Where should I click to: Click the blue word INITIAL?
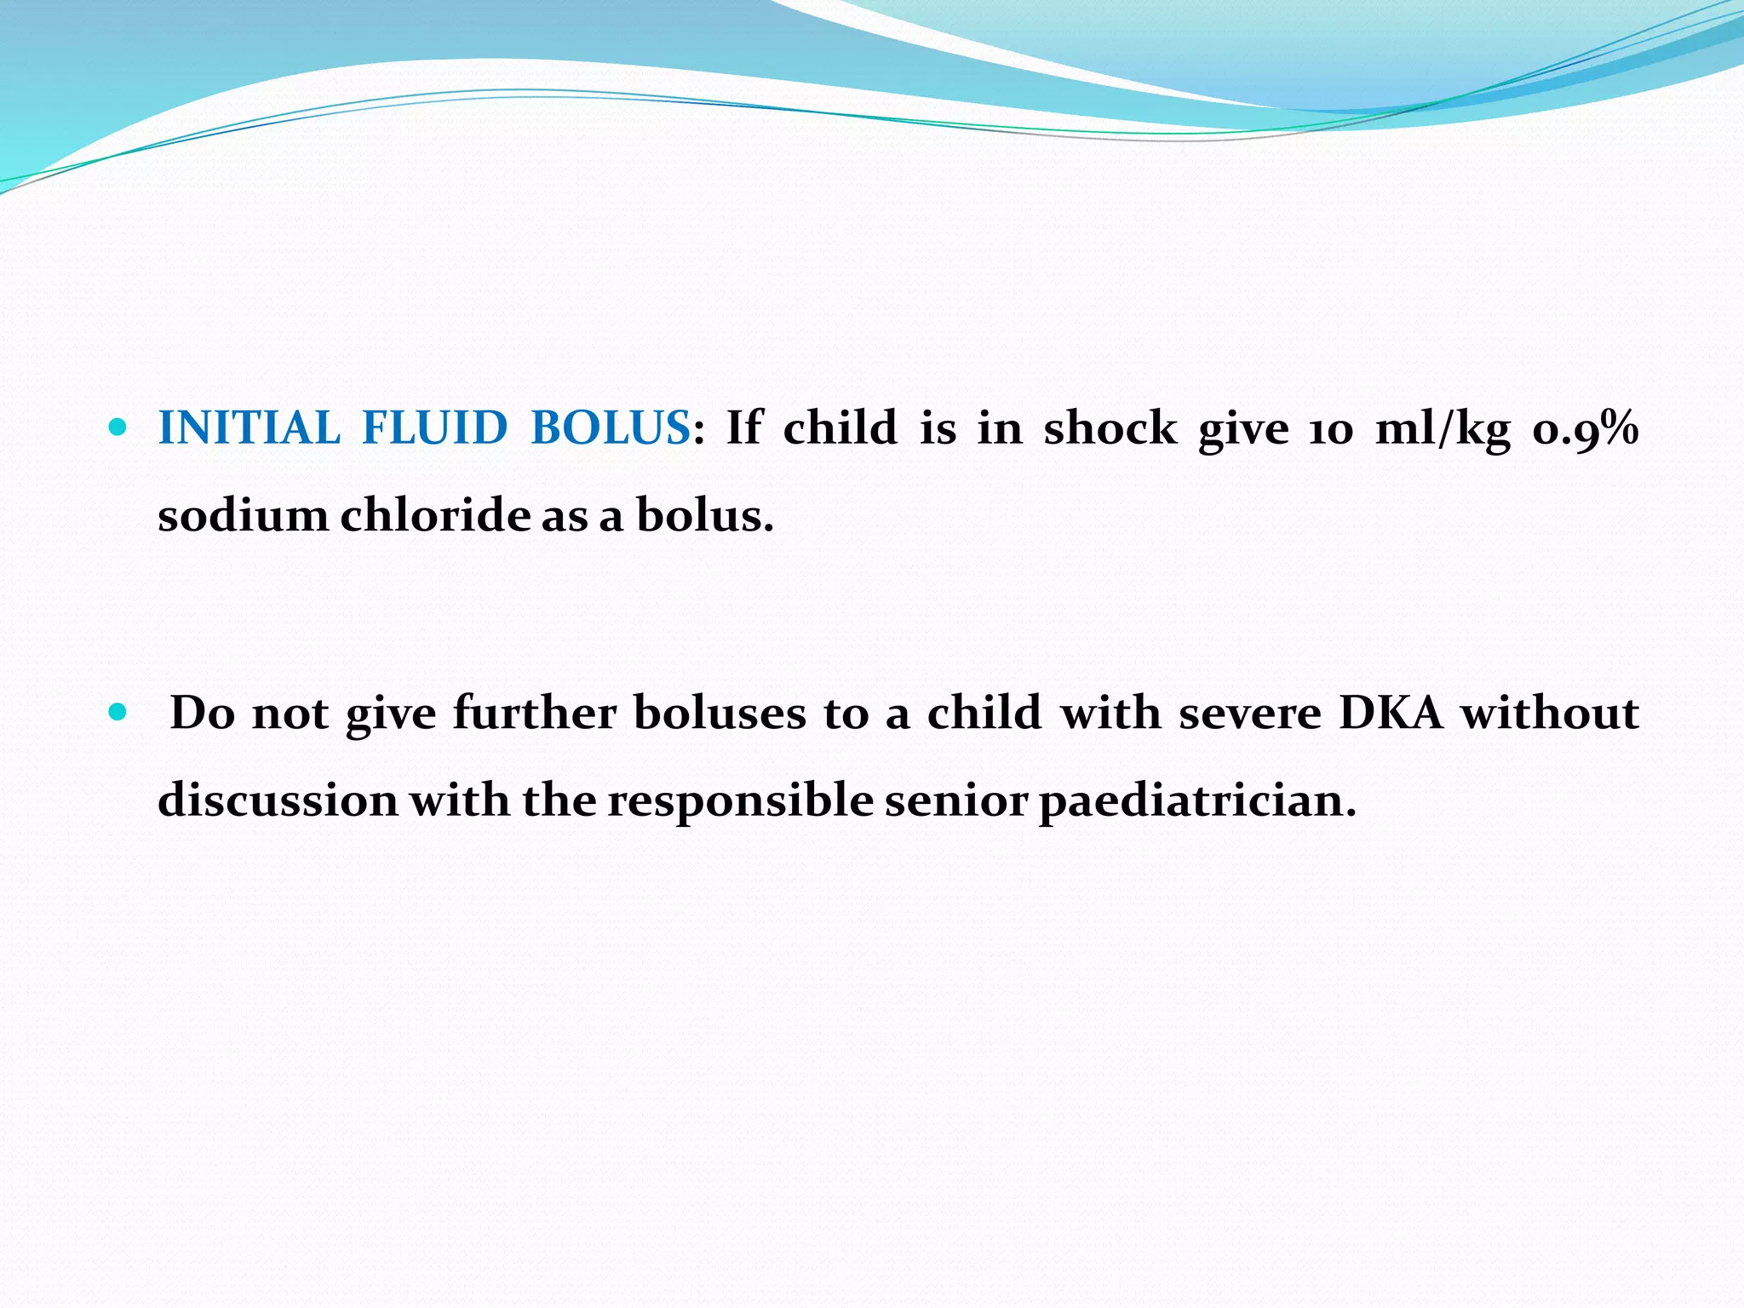(x=249, y=427)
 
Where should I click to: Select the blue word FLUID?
(x=434, y=427)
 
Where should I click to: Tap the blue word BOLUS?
(x=610, y=427)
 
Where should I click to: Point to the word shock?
(x=1110, y=427)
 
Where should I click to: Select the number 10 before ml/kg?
(x=1330, y=429)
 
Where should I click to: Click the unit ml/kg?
(x=1443, y=429)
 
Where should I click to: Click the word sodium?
(x=243, y=516)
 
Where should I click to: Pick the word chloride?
(x=435, y=516)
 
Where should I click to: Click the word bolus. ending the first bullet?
(x=705, y=516)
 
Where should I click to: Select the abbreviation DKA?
(x=1391, y=713)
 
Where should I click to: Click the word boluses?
(x=720, y=713)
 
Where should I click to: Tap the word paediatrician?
(x=1197, y=801)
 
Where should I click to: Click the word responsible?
(x=740, y=801)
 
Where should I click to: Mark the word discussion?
(x=278, y=801)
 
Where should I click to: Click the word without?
(x=1550, y=713)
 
